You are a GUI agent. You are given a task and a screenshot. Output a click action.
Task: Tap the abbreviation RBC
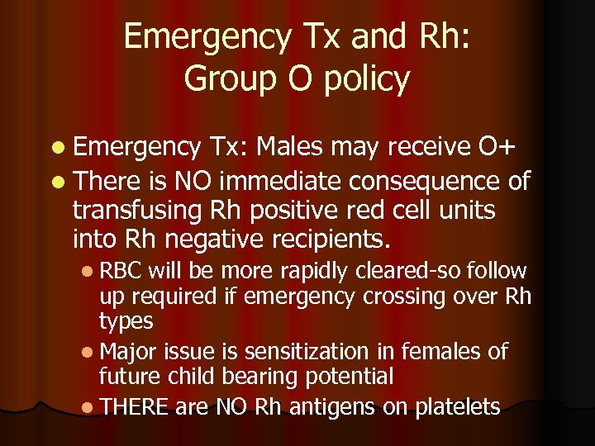[123, 270]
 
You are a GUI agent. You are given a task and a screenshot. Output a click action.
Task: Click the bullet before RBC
[88, 271]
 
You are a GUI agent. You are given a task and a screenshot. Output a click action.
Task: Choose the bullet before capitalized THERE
[88, 408]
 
